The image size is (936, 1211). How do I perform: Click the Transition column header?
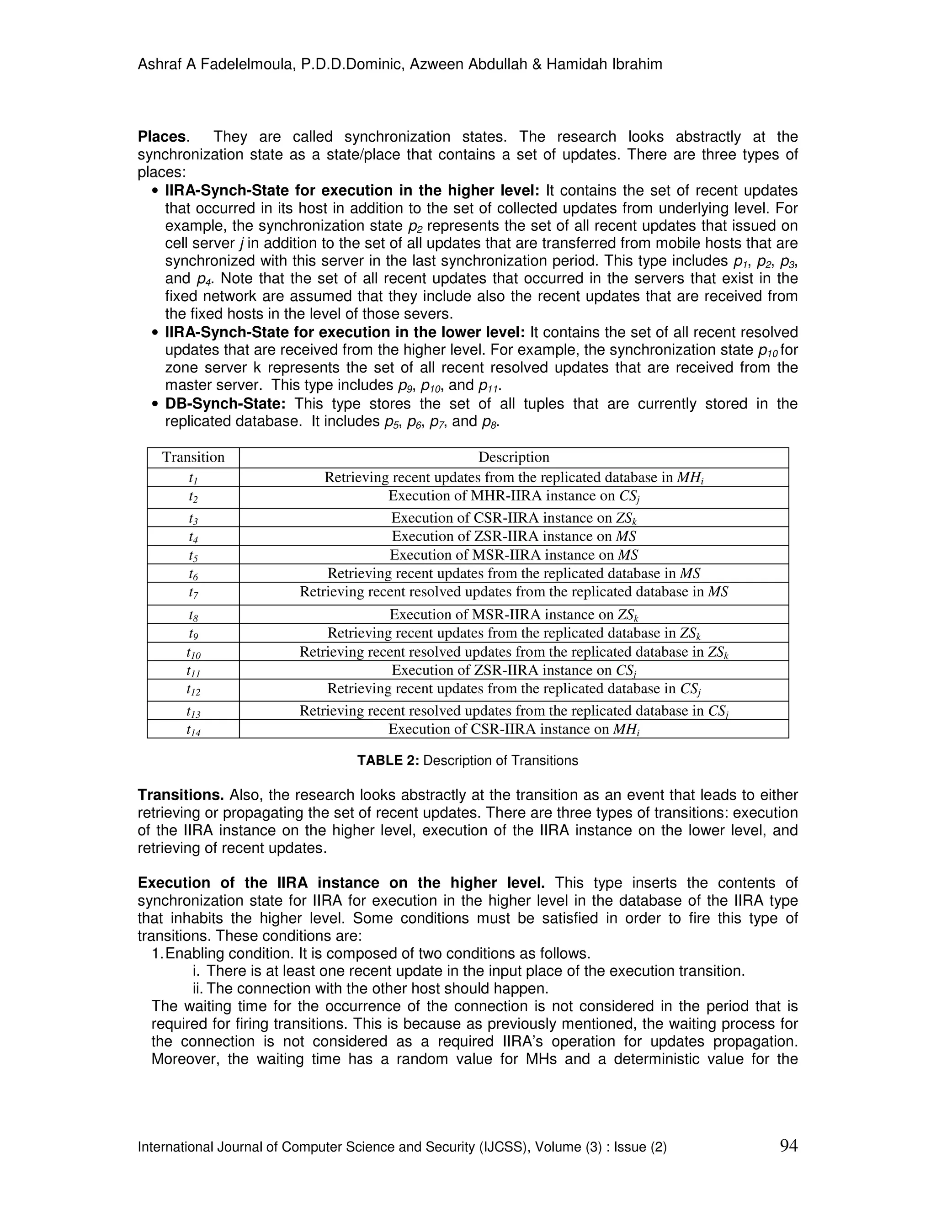193,457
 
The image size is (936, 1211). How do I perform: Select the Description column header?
513,457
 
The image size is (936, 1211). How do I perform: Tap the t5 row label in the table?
193,555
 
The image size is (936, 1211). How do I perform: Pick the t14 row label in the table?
193,730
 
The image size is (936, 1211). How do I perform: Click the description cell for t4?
513,536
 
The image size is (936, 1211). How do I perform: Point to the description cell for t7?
513,592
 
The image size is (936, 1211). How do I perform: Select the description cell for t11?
513,670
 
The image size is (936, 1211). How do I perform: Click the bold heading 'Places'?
161,137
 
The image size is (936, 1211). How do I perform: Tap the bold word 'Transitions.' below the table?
180,795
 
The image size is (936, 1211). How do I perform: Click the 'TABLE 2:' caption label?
388,760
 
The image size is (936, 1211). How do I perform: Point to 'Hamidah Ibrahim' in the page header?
604,64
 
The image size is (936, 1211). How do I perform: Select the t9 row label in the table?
193,633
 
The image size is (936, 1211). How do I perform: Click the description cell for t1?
513,478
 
